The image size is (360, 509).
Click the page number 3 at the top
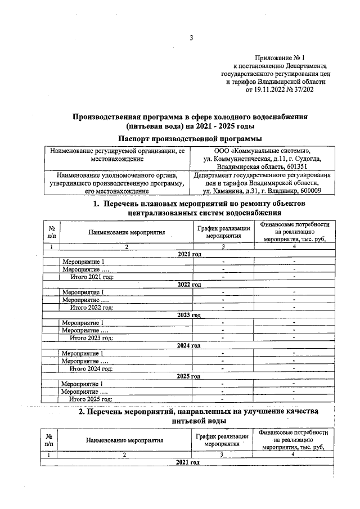pos(191,38)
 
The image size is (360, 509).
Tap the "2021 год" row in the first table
pos(189,255)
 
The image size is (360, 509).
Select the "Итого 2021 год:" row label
pos(91,277)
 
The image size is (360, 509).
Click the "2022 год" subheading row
pos(189,285)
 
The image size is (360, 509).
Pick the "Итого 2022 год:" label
pos(91,307)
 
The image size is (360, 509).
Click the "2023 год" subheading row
pos(189,315)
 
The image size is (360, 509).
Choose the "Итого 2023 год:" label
pos(91,337)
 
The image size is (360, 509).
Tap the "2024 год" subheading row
pos(189,345)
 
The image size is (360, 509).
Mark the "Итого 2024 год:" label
pos(91,368)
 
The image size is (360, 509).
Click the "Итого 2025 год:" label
pos(91,399)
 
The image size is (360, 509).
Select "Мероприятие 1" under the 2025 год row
pos(83,384)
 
